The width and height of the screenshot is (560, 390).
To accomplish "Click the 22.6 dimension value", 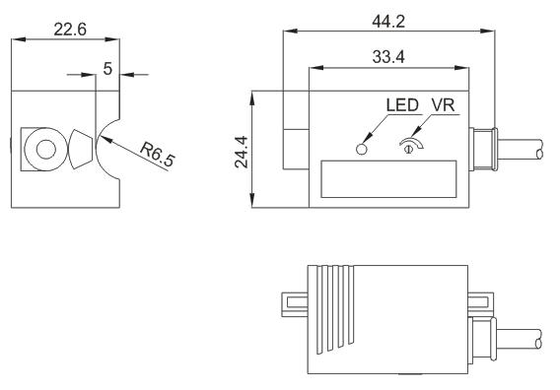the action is [70, 30].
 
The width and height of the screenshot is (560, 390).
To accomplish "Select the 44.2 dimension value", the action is [388, 22].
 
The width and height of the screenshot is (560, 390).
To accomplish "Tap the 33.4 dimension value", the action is [388, 57].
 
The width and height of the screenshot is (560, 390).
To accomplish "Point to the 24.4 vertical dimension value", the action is [242, 152].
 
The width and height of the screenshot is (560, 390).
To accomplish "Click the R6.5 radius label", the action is [158, 155].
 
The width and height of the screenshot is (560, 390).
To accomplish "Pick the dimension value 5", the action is [107, 69].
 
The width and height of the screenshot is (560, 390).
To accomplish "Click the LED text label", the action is [402, 105].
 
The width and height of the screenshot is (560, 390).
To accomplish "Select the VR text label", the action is [444, 105].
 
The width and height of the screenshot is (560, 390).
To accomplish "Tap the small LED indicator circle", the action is [362, 149].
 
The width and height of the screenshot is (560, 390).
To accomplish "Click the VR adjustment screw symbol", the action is [410, 146].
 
